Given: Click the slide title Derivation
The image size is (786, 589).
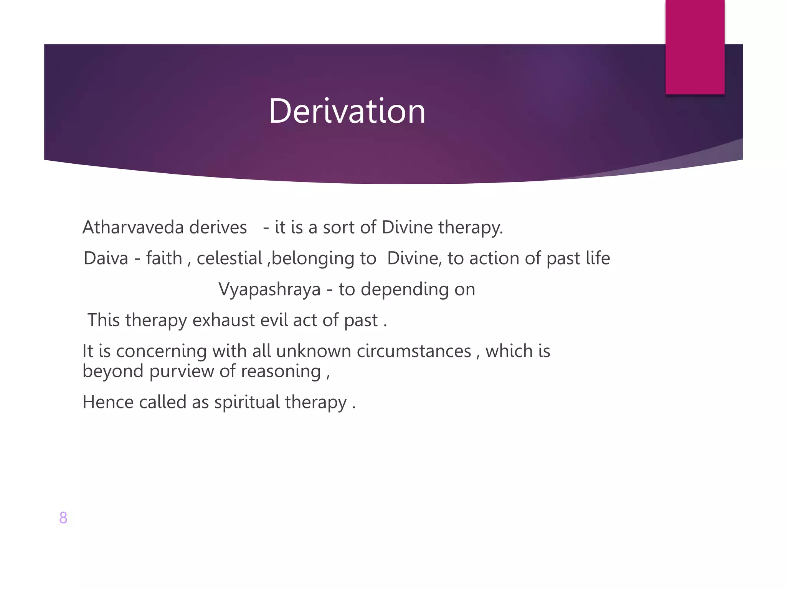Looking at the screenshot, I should pos(347,111).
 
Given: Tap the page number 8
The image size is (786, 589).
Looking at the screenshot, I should pos(63,518).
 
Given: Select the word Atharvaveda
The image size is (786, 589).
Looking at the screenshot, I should pos(133,227).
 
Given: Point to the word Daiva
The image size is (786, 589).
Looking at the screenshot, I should pos(106,258).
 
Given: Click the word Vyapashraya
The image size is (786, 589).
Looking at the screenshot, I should pos(269,289).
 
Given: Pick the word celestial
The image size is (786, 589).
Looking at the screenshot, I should pos(229,258).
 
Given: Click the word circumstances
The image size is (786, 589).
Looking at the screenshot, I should pos(414,351).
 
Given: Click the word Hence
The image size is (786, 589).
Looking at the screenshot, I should pos(108,402).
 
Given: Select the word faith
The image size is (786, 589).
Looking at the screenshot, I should pos(164,258).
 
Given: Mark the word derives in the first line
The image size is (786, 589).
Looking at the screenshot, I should pos(218,227).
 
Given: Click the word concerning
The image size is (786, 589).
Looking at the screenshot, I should pos(161,351).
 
